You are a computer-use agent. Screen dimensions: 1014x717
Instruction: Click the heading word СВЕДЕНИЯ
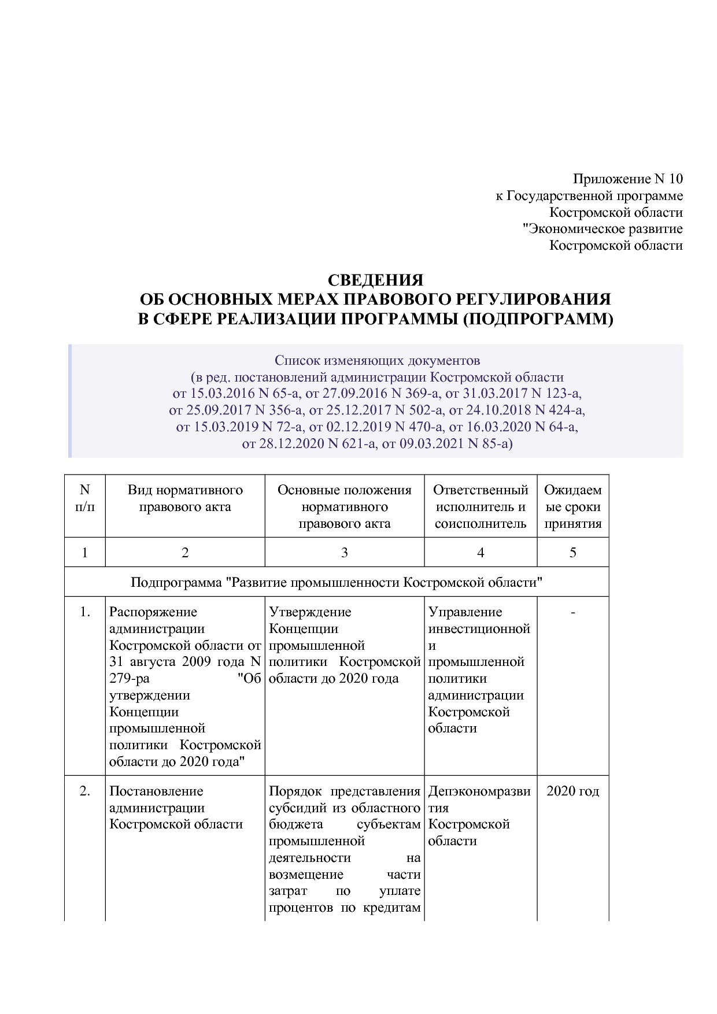tap(375, 280)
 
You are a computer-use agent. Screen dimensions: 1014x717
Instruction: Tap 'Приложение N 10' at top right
tap(627, 179)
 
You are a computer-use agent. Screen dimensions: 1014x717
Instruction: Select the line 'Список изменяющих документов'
tap(377, 361)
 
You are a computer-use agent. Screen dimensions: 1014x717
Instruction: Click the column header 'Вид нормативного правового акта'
tap(185, 498)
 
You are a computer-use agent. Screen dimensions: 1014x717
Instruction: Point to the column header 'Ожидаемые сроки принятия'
tap(572, 506)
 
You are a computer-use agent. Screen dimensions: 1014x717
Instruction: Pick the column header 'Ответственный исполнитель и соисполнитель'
tap(481, 506)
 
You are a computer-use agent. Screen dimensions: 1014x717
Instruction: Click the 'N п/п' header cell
tap(84, 498)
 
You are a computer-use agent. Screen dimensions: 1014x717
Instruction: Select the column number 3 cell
tap(344, 553)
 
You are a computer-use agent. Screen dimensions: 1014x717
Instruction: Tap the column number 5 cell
tap(572, 553)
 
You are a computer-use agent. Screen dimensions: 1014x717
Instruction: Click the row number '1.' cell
tap(84, 612)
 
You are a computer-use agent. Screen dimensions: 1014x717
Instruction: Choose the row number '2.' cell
tap(84, 791)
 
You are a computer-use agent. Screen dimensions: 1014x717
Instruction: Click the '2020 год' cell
tap(572, 791)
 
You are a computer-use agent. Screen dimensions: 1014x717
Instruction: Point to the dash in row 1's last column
tap(572, 612)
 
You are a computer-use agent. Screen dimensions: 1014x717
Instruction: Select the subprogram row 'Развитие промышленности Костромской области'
tap(336, 582)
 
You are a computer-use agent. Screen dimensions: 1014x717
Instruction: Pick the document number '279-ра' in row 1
tap(130, 679)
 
